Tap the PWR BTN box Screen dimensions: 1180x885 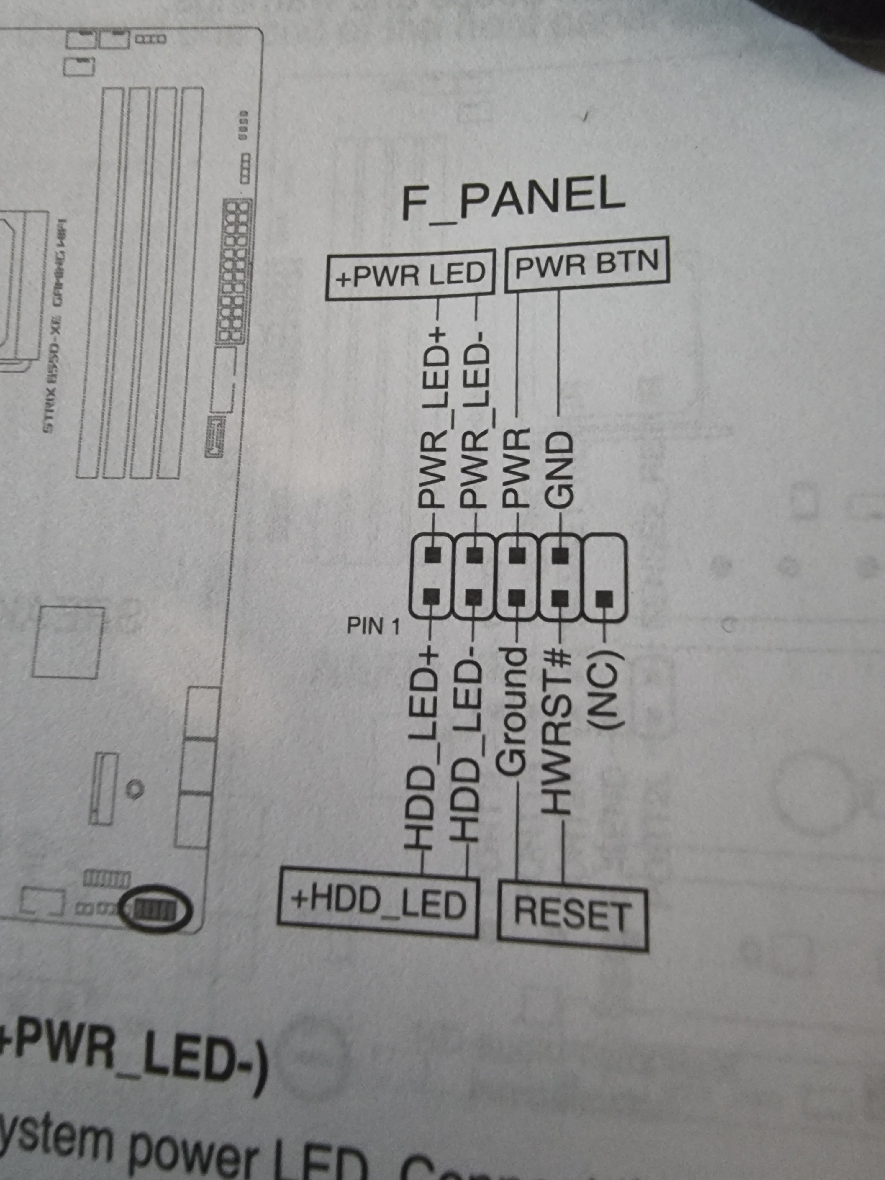pos(587,264)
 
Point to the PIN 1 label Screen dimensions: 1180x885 pos(373,626)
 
